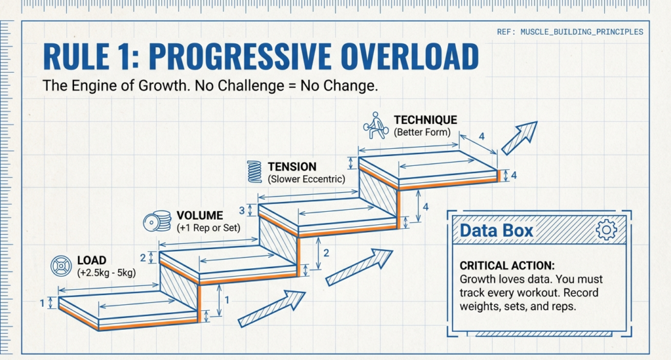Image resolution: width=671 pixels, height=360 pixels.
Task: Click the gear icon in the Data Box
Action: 607,229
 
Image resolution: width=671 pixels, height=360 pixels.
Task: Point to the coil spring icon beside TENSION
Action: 255,171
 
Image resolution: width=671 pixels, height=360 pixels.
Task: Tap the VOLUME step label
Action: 200,215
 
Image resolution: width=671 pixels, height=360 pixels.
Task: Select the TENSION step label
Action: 292,167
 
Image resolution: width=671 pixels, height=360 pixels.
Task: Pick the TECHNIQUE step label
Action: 425,120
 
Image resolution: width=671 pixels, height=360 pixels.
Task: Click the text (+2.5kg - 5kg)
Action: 106,273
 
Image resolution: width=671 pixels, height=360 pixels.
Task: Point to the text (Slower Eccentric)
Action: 305,179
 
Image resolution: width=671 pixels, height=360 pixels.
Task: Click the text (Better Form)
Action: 423,132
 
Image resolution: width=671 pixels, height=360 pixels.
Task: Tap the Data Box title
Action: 496,230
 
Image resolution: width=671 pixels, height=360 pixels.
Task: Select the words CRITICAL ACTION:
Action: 507,266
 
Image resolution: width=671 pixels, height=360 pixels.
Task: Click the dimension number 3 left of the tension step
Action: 241,210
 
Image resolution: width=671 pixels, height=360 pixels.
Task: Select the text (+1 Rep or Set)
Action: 208,228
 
